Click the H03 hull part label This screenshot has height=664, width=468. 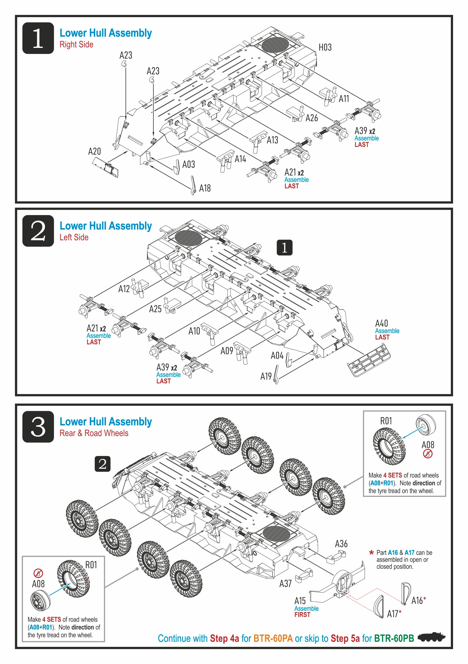(325, 47)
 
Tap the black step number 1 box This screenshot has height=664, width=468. (38, 38)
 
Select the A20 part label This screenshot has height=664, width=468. (94, 151)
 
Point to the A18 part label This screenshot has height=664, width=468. (205, 188)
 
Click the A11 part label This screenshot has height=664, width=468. (344, 99)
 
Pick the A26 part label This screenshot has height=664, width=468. (312, 118)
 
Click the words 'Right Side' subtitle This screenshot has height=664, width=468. (76, 44)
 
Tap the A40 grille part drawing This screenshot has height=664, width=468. (369, 360)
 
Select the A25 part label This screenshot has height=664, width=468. (155, 309)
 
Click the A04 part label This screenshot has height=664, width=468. (277, 356)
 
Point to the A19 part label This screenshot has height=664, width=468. (266, 376)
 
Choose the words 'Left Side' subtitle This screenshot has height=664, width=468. (74, 238)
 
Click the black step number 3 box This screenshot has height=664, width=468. (38, 426)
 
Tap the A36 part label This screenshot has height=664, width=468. (341, 544)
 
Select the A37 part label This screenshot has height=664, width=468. (285, 583)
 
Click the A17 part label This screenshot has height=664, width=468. (393, 614)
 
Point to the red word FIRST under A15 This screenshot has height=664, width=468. (302, 615)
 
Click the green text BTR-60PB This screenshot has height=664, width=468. (394, 638)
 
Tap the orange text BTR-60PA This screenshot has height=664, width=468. (273, 638)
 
